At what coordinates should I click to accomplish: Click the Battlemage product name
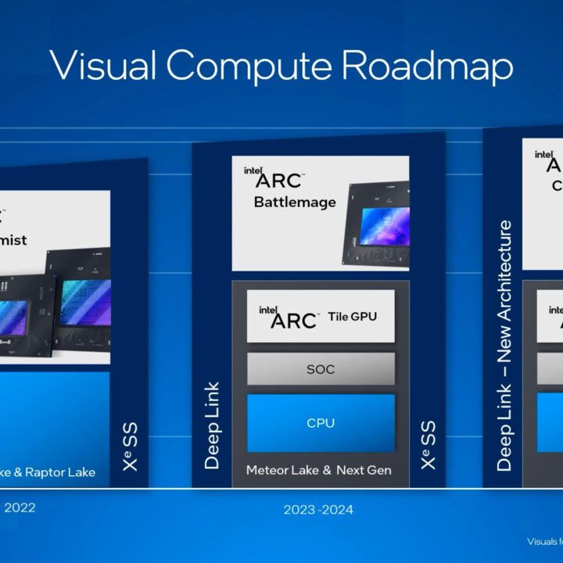pyautogui.click(x=295, y=203)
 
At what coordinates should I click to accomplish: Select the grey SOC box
pyautogui.click(x=321, y=368)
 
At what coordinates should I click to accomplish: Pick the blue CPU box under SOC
pyautogui.click(x=321, y=423)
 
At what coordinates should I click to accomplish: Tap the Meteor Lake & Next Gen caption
pyautogui.click(x=318, y=470)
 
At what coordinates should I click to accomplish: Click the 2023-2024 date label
pyautogui.click(x=318, y=510)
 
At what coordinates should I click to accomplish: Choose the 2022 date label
pyautogui.click(x=20, y=507)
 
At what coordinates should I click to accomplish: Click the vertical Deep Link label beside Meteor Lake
pyautogui.click(x=212, y=425)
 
